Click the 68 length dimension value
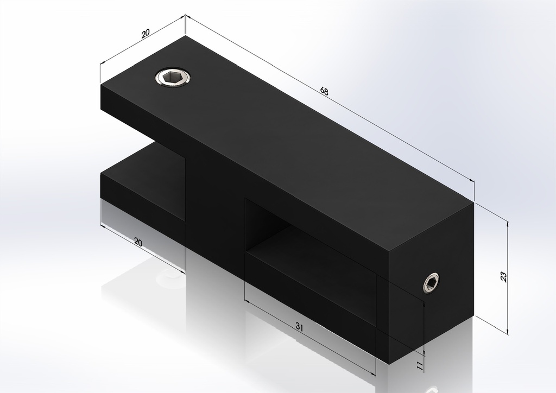[324, 91]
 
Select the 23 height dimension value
[503, 276]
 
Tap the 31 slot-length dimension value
[299, 326]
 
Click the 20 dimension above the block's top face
[146, 34]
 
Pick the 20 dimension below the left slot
[138, 243]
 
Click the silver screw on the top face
[173, 78]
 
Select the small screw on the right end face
[432, 283]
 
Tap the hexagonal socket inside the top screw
[173, 78]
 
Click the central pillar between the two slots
[214, 212]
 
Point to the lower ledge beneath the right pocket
[309, 288]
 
